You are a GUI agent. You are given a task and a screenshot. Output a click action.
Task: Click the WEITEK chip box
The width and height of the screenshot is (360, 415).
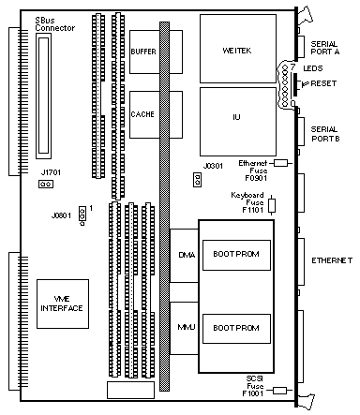(238, 49)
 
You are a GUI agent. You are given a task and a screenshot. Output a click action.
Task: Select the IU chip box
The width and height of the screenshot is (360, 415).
(238, 122)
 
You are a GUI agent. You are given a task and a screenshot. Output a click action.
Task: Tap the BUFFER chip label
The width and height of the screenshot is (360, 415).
(143, 52)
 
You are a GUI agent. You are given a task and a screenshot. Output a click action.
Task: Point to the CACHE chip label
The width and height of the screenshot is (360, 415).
(142, 114)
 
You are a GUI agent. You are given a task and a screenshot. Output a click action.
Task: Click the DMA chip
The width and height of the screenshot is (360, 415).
(184, 256)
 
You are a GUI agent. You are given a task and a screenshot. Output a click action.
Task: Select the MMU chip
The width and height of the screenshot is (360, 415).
(184, 328)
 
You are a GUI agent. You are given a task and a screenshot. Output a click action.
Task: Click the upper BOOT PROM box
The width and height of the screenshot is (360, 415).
(236, 255)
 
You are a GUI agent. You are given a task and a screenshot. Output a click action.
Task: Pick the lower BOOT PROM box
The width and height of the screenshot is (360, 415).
(236, 329)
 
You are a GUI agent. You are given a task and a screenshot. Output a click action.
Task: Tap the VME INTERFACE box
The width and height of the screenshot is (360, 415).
(63, 304)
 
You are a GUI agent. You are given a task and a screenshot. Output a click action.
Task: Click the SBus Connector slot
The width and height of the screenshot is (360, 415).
(43, 96)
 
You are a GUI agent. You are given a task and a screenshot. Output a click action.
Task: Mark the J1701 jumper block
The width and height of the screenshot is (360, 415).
(46, 185)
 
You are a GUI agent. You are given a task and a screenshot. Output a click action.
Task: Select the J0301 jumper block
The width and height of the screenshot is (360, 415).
(197, 180)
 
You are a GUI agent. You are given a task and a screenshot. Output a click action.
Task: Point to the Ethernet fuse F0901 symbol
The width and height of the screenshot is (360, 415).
(280, 163)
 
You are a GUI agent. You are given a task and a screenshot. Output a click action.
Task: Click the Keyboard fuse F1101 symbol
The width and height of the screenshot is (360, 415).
(272, 205)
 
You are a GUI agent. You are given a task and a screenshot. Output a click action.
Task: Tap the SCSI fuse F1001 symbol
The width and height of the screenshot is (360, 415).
(280, 390)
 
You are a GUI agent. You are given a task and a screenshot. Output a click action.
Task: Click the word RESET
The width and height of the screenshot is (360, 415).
(323, 83)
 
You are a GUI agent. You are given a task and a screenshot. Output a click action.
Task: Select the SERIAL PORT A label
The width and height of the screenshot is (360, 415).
(325, 48)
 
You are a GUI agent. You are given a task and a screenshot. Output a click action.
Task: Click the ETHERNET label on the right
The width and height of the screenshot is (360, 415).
(332, 260)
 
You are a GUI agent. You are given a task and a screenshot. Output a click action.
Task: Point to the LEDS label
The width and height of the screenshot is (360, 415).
(313, 68)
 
